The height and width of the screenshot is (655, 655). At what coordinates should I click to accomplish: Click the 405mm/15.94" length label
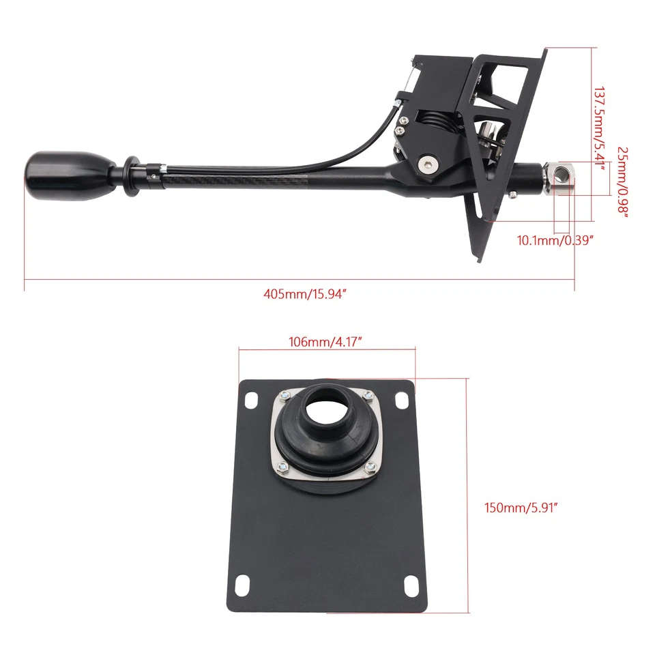coord(301,295)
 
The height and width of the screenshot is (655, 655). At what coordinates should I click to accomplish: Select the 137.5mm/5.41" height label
coord(599,130)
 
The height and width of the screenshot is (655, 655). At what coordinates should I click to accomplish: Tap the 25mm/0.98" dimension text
coord(622,180)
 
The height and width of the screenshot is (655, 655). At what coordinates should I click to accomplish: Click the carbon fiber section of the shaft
coord(239,179)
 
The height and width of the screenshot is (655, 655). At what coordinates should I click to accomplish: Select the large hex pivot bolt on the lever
coord(426,163)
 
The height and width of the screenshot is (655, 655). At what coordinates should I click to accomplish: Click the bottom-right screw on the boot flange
coord(370,466)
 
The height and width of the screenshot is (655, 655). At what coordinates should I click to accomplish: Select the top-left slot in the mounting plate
coord(250,398)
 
